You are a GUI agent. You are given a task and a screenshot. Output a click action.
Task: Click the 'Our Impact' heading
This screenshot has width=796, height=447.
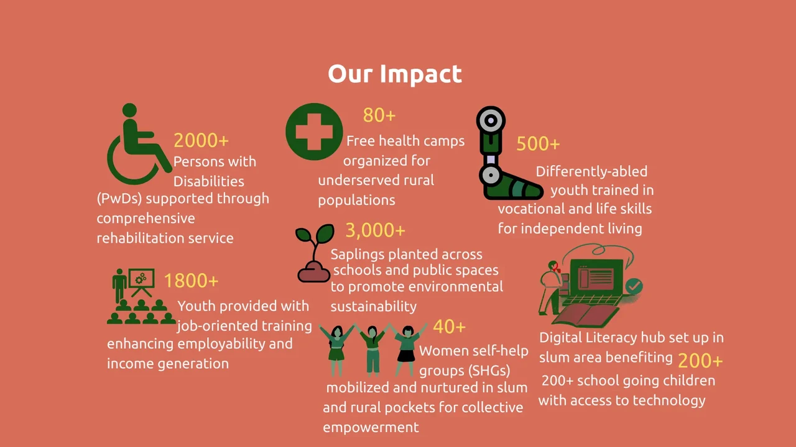click(x=395, y=74)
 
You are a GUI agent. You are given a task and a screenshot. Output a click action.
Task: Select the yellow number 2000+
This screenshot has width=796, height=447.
click(x=201, y=140)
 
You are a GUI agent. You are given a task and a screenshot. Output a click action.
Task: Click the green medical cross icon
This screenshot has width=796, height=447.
click(x=314, y=132)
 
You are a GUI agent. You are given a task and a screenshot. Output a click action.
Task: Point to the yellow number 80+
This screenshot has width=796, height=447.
click(x=379, y=115)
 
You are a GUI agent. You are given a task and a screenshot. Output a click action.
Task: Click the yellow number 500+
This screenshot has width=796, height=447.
click(x=538, y=143)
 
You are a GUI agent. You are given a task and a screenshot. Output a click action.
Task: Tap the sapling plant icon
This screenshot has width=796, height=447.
click(x=314, y=253)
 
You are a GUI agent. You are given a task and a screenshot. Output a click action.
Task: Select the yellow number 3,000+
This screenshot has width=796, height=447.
click(x=375, y=230)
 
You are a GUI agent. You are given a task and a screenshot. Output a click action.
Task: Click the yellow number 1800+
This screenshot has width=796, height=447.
click(x=191, y=281)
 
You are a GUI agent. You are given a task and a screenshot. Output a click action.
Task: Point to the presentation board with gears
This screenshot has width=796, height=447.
click(x=141, y=282)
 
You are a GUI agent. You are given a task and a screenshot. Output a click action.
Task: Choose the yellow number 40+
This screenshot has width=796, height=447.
click(x=449, y=327)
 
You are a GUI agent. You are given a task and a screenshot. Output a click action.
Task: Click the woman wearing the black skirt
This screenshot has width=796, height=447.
click(x=407, y=350)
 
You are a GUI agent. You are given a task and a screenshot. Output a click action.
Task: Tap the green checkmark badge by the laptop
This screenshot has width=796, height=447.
click(x=634, y=286)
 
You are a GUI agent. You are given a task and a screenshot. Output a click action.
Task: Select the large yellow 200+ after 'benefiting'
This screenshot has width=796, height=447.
click(x=700, y=361)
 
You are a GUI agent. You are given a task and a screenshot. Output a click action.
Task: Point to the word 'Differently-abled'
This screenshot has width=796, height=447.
click(x=591, y=172)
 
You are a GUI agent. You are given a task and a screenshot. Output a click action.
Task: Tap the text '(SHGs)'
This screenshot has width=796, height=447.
click(x=489, y=371)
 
